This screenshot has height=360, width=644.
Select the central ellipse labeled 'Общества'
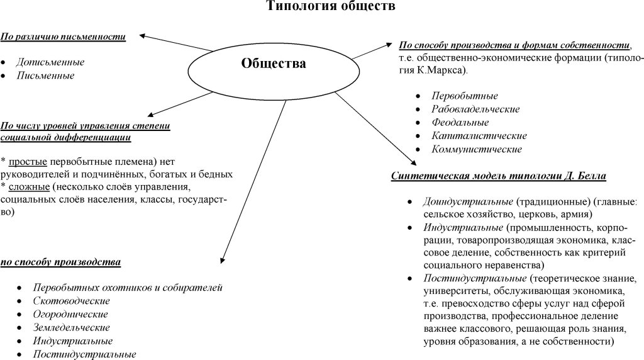[274, 64]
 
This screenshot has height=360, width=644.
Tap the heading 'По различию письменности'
[63, 37]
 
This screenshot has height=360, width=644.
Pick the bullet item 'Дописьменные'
[50, 62]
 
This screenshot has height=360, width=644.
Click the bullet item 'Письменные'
[45, 76]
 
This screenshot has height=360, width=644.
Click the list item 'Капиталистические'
[470, 136]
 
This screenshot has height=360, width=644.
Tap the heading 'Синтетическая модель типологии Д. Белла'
[498, 176]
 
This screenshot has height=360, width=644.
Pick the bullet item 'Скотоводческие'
[67, 301]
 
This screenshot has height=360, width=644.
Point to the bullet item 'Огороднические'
[70, 314]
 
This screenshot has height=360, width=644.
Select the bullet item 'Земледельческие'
[72, 327]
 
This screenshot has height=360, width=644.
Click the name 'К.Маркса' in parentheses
[443, 71]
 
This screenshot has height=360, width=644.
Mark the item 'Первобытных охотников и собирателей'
[128, 288]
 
